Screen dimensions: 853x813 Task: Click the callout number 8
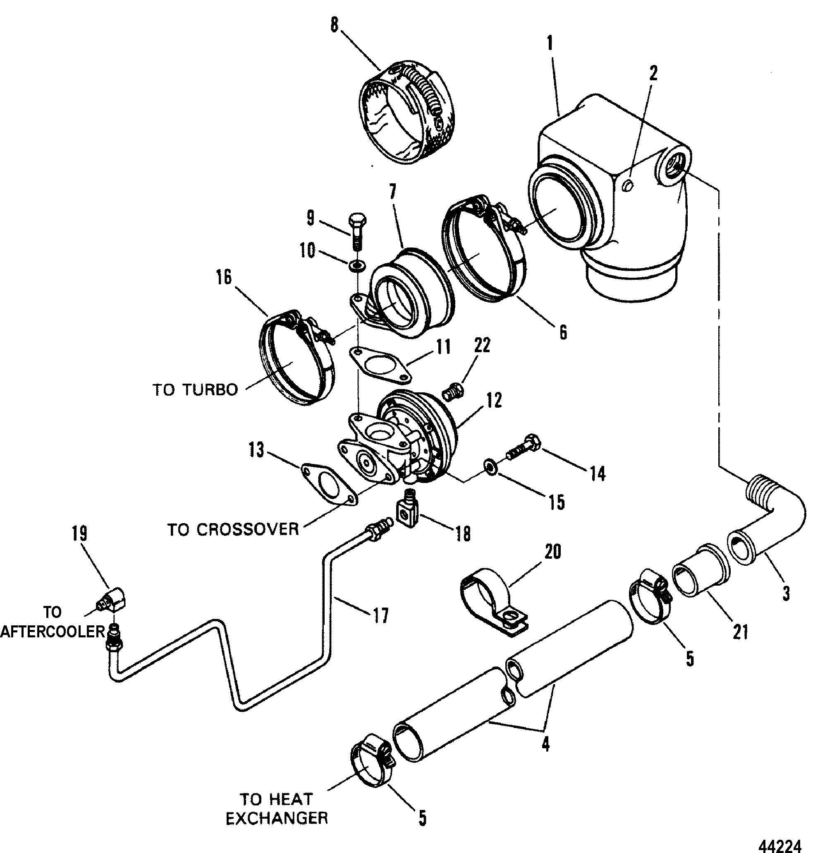(334, 25)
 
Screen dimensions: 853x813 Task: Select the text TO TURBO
(196, 390)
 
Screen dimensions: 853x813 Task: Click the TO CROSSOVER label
(233, 529)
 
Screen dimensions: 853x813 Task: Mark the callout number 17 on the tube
(380, 616)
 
